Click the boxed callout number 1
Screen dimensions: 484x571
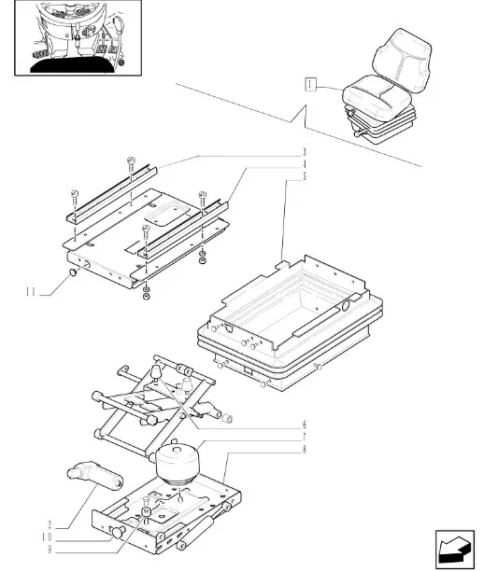click(309, 85)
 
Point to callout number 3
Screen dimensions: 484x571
click(304, 152)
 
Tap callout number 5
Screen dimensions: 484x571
click(304, 176)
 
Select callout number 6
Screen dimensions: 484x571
click(304, 425)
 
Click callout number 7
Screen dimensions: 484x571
click(304, 437)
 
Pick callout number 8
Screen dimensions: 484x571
click(304, 450)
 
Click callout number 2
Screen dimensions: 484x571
click(50, 524)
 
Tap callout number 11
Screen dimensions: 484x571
click(31, 292)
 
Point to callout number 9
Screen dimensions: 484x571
click(50, 550)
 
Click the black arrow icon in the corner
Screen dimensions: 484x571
click(454, 549)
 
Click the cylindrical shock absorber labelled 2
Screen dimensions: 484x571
click(94, 475)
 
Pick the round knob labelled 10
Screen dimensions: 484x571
click(118, 532)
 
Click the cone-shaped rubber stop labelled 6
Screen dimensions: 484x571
click(156, 371)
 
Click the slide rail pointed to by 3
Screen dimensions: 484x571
click(111, 195)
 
